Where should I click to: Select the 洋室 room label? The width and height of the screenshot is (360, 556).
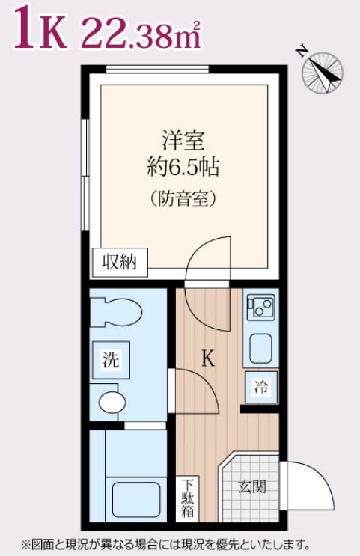(x=183, y=140)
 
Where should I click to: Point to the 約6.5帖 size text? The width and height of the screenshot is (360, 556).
(x=183, y=167)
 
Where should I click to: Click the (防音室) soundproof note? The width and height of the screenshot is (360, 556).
(x=183, y=198)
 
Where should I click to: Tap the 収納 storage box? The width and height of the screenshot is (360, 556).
(x=120, y=262)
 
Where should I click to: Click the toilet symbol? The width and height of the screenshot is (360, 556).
(x=117, y=313)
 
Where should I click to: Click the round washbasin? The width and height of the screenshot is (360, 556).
(x=112, y=402)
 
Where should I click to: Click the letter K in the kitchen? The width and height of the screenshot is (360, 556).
(x=207, y=359)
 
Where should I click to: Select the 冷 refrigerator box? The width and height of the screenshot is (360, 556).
(x=261, y=387)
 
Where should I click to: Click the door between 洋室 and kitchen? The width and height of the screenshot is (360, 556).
(x=209, y=258)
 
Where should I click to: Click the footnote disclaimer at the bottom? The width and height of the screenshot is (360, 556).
(x=165, y=544)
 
